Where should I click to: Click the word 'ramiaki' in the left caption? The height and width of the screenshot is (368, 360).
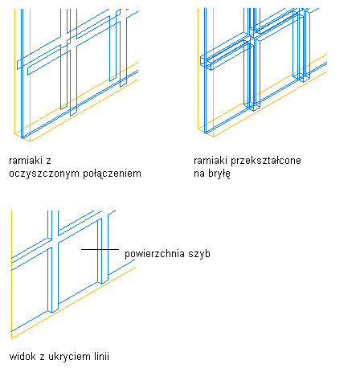27,161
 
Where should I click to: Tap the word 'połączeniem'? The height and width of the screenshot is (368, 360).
112,174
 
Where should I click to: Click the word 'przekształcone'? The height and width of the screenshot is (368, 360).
266,161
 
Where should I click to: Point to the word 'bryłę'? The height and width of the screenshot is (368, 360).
219,174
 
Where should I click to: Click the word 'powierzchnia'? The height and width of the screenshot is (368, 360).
154,254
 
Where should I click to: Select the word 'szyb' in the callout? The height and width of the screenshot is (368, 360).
199,254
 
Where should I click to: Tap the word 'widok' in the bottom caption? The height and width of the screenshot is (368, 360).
22,357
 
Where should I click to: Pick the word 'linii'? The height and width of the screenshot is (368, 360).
102,357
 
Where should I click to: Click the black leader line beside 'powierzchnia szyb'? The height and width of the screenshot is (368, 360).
100,249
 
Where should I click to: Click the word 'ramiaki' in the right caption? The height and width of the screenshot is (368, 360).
211,161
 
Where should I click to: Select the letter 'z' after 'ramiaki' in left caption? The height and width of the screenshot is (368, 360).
48,162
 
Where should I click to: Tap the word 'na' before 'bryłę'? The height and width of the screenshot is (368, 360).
199,174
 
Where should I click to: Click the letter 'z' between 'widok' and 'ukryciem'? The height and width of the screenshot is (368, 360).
42,358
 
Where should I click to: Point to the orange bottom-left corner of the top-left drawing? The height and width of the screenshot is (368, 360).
14,133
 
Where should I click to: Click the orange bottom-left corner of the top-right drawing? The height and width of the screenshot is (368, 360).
198,129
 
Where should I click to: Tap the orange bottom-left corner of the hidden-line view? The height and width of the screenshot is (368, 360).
11,338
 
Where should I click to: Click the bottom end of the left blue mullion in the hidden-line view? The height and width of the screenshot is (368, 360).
53,312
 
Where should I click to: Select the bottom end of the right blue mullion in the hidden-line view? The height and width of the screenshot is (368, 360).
103,282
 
